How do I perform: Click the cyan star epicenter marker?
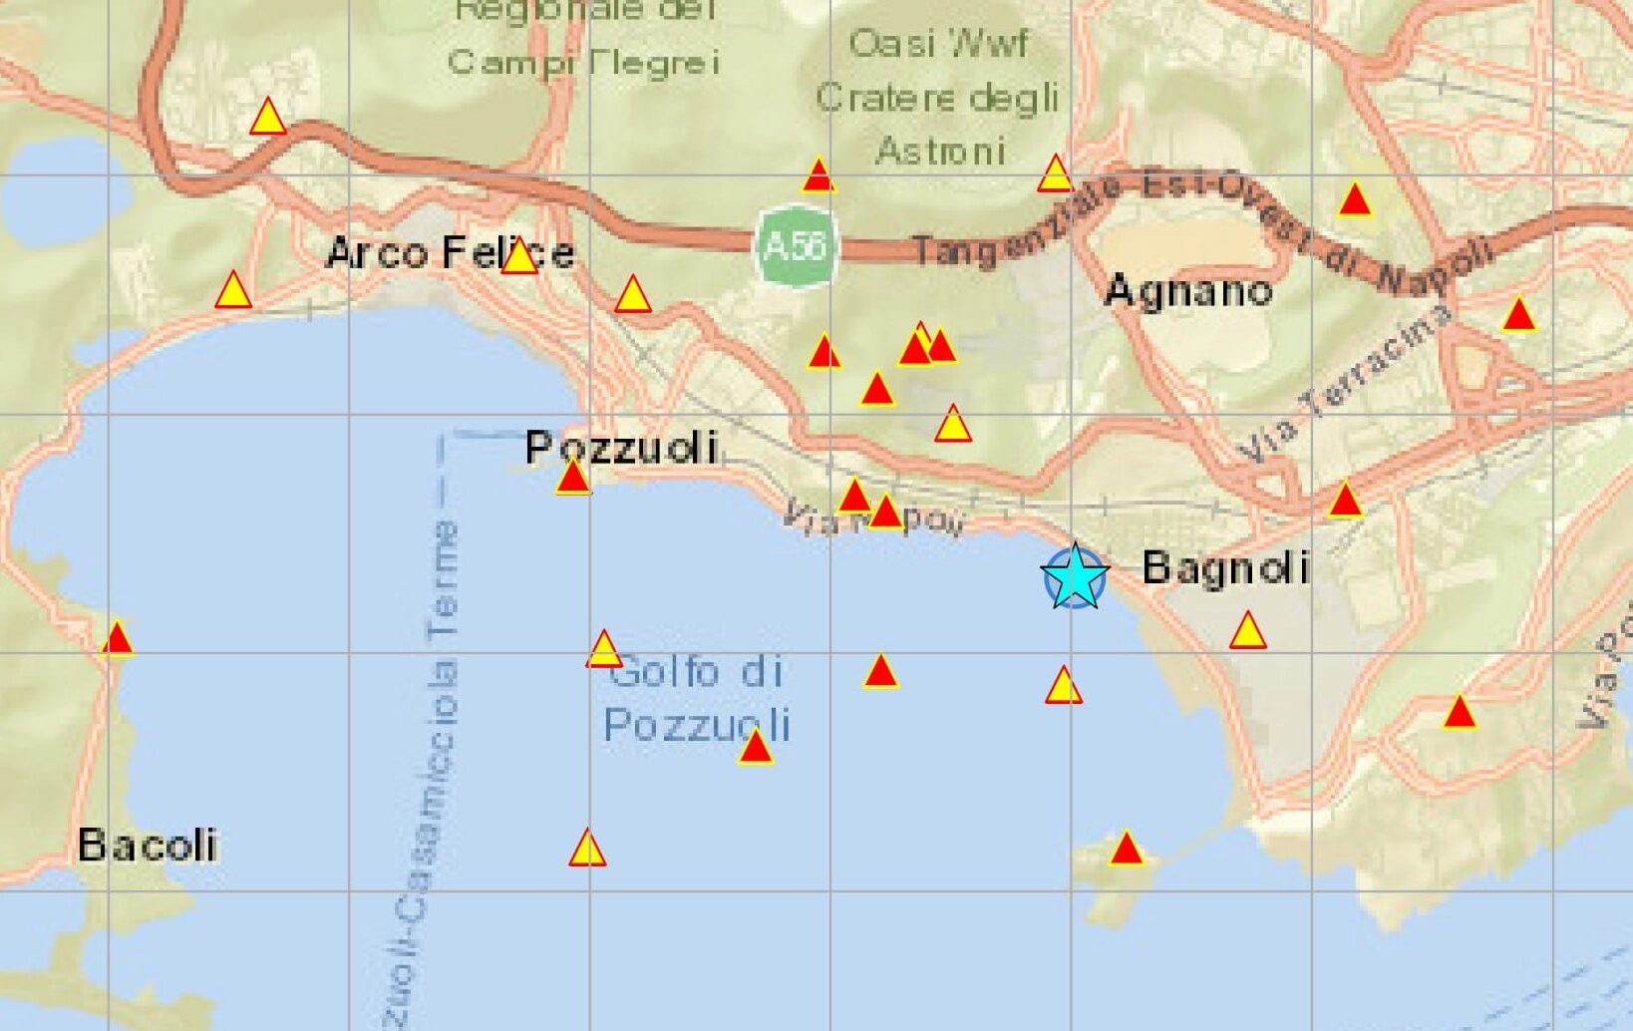click(1075, 576)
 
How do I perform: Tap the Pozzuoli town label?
click(621, 448)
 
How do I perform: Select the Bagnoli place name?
click(1225, 568)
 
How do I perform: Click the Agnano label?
click(1188, 291)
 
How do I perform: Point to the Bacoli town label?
click(148, 846)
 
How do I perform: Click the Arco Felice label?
click(451, 253)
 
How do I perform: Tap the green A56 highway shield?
click(795, 245)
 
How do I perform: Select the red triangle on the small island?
click(1126, 850)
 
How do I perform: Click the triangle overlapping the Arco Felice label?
click(519, 258)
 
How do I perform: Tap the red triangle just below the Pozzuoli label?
click(573, 479)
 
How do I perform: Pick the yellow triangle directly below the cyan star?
click(1063, 687)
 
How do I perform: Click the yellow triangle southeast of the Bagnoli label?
click(1247, 632)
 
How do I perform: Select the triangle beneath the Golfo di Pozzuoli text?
click(756, 747)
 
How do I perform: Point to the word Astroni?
click(940, 152)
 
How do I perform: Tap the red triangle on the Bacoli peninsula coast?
click(118, 639)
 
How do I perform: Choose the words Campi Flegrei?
click(584, 63)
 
